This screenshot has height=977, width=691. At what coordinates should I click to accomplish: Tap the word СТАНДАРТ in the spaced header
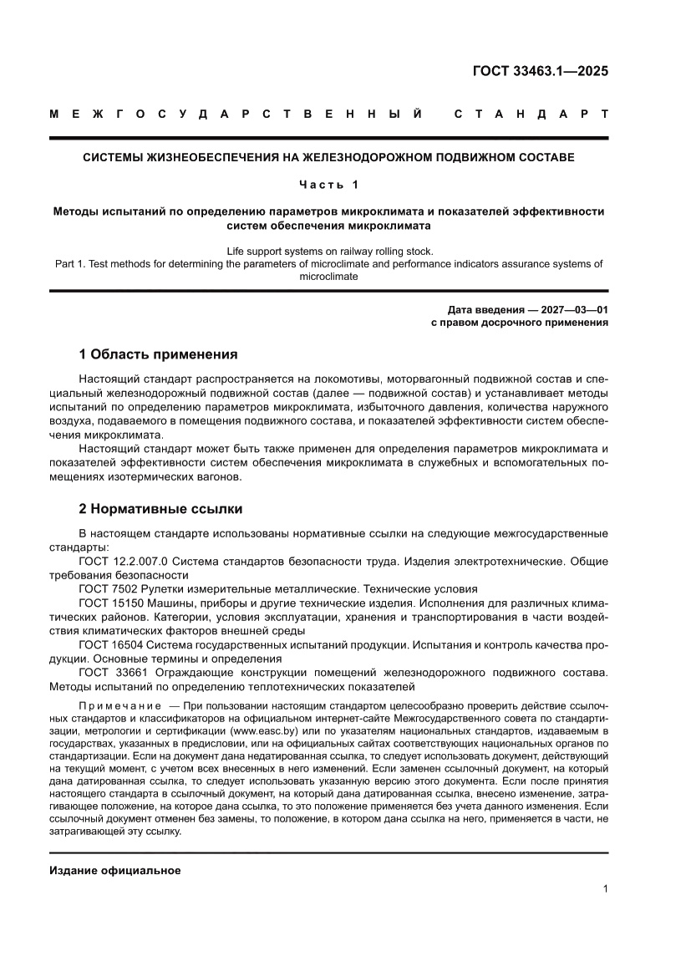tap(531, 114)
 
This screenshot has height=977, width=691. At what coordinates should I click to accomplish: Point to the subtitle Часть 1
tap(328, 184)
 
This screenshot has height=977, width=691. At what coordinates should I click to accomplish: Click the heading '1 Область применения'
tap(158, 354)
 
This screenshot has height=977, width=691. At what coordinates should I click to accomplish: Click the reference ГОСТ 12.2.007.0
tap(124, 561)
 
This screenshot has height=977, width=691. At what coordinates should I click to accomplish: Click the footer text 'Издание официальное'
tap(115, 870)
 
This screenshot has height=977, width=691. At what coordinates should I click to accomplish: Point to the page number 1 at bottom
tap(605, 889)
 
